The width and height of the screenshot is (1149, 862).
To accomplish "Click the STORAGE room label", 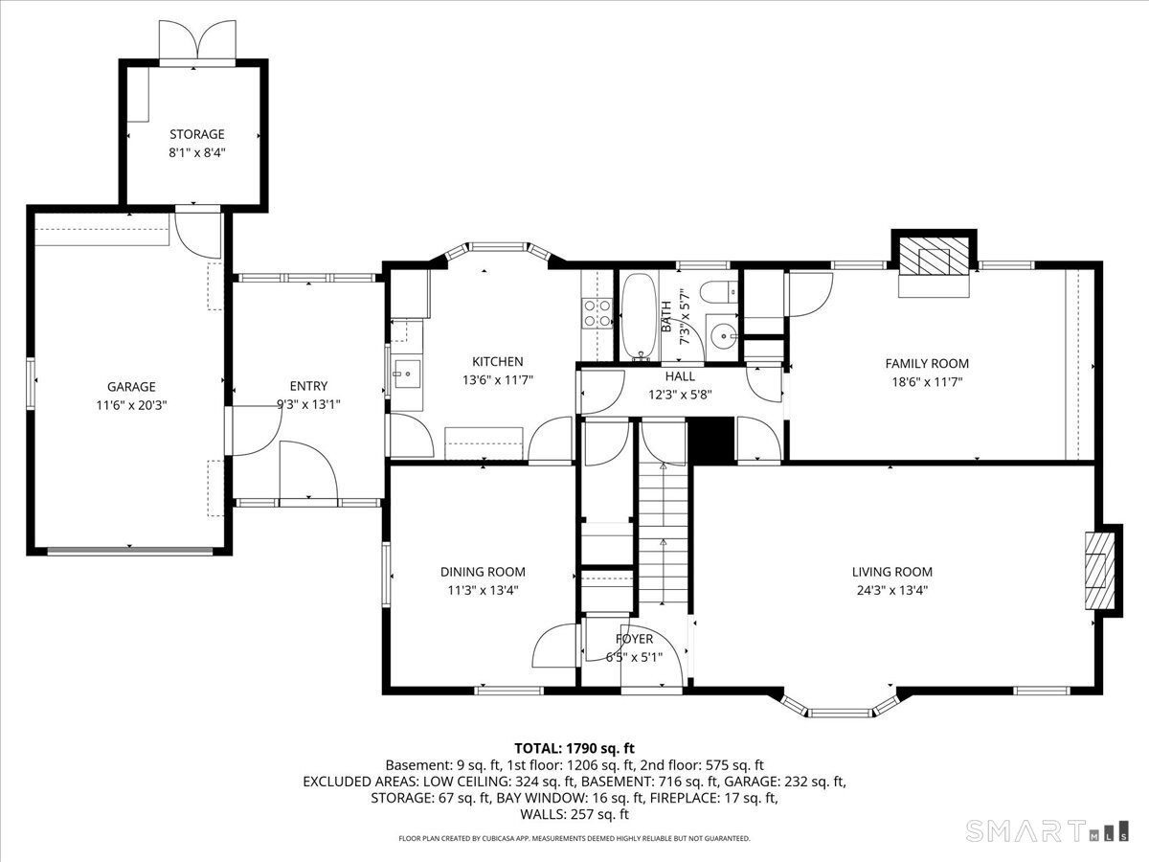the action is point(197,134).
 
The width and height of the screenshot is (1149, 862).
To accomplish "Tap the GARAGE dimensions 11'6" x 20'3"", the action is point(131,405).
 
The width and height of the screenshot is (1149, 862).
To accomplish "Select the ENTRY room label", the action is point(308,386).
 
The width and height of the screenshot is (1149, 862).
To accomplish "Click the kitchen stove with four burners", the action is point(597,312).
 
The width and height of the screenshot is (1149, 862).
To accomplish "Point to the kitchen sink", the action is point(407,374).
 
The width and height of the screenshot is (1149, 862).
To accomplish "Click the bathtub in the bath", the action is point(640,316).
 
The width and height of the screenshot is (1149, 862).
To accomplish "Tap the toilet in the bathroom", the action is point(719,291).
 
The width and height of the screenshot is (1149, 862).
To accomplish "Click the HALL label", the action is point(680,375).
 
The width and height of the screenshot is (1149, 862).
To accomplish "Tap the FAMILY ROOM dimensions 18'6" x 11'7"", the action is point(927,382).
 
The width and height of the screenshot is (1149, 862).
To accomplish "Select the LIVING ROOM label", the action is point(892,572).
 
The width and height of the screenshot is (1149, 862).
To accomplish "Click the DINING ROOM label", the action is point(483,572).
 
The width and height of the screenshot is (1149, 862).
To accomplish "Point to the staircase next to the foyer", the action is point(663,533).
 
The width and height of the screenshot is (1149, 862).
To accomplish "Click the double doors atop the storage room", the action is point(197,40).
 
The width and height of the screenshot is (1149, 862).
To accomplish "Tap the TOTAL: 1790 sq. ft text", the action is point(574,748).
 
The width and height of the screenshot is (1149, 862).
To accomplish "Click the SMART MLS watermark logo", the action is point(1047,830).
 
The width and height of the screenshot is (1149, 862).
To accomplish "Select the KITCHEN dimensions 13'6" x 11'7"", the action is point(497,380).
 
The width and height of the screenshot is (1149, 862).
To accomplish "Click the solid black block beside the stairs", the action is point(710,441).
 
